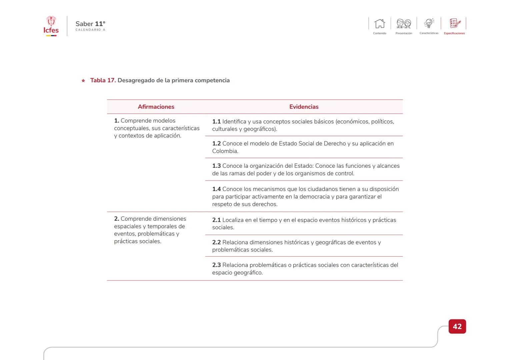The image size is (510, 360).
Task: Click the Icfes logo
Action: pos(51,26)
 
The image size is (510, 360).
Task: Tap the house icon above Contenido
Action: pos(380,24)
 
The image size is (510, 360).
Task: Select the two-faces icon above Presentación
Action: pos(404,24)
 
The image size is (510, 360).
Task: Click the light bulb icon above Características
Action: pos(429,23)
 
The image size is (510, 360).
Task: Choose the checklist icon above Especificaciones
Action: pos(455,23)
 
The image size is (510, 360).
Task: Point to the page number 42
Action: pos(457,326)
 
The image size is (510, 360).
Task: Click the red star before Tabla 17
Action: pos(83,81)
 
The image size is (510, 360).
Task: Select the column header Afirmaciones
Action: pos(156,107)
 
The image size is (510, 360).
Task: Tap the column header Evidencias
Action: pos(304,107)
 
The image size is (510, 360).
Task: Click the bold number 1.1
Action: pos(216,122)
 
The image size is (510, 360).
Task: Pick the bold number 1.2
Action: pos(216,144)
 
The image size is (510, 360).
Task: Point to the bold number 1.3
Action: pos(216,166)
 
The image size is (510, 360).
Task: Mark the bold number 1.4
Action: pos(216,189)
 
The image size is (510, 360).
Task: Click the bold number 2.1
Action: pos(216,220)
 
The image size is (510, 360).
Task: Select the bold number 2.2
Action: pos(216,243)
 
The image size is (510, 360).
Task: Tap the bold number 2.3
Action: pos(216,265)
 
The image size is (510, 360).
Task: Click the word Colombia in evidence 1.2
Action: pos(225,151)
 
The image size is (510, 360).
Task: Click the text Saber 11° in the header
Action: pos(90,24)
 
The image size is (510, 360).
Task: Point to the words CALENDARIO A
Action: pos(90,30)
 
